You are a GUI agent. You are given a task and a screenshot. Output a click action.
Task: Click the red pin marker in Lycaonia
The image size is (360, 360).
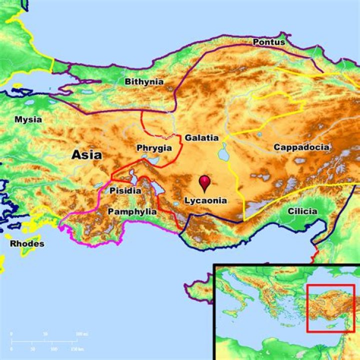[204, 182]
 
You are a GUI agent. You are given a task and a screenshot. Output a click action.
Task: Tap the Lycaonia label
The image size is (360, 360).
[205, 200]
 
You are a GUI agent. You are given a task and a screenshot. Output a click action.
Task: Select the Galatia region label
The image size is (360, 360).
[201, 137]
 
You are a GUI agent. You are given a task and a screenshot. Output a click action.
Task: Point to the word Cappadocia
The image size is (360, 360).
[301, 147]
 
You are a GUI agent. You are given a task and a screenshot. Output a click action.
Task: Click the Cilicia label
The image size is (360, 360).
[302, 211]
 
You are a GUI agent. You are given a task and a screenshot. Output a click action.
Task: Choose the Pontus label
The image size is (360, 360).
[269, 42]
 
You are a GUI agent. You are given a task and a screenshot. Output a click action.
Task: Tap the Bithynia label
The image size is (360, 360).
[144, 81]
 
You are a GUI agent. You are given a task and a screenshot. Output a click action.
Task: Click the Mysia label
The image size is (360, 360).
[28, 119]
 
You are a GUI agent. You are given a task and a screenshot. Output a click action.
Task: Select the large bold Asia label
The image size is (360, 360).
[86, 155]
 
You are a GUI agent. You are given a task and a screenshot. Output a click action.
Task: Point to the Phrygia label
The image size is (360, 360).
[154, 148]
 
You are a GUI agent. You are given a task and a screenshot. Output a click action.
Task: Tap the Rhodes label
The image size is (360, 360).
[27, 244]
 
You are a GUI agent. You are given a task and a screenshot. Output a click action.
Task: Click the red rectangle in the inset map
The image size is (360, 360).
[330, 308]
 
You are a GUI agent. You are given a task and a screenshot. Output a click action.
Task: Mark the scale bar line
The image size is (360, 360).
[45, 341]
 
